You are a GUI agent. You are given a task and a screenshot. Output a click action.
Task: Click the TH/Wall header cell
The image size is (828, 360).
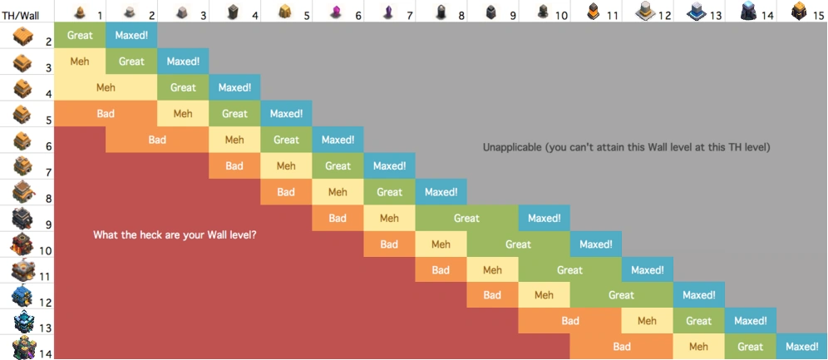(21, 15)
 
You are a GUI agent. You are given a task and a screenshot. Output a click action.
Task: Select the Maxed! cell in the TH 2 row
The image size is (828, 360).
(131, 36)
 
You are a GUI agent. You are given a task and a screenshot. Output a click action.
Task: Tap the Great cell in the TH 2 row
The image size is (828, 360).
(80, 36)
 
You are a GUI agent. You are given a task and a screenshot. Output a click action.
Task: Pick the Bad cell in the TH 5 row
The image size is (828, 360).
(106, 114)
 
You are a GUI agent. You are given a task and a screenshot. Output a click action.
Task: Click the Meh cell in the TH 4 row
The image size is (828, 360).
(106, 87)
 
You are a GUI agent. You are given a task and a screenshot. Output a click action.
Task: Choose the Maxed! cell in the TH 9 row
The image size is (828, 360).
(545, 219)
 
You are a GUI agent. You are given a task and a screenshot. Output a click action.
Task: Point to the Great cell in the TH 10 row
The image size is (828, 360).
(518, 244)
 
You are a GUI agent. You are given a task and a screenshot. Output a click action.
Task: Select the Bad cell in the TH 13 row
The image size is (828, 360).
(569, 321)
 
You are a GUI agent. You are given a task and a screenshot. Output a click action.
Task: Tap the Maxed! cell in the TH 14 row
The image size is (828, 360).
(802, 347)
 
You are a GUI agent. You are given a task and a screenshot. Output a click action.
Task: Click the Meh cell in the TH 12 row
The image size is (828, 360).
(544, 295)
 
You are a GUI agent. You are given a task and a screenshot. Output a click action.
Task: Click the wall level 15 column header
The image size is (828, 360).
(803, 12)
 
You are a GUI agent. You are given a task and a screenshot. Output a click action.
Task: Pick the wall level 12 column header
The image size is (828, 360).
(648, 12)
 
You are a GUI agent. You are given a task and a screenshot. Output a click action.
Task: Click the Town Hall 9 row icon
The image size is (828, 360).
(23, 219)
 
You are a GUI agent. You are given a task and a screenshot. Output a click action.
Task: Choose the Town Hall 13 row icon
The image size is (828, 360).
(23, 322)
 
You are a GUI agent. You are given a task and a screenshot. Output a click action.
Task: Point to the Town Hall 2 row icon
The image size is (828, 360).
(23, 36)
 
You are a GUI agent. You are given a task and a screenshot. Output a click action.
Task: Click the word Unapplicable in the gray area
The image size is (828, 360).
(510, 148)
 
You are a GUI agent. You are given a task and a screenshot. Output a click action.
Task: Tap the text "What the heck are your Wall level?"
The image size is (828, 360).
(175, 235)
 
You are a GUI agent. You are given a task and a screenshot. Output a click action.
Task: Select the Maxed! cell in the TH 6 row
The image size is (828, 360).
(338, 140)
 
